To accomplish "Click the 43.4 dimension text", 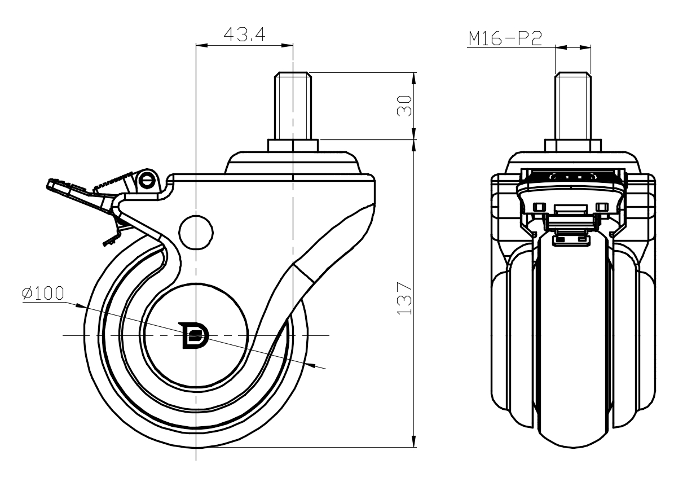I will point(244,34).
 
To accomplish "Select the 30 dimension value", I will point(404,106).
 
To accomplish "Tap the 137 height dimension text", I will point(404,297).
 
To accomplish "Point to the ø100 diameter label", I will point(43,294).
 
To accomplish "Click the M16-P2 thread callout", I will point(505,38).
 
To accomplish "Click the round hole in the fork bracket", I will point(196,231).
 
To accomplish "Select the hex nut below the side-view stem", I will point(293,146).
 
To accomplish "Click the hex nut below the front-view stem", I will point(573,145).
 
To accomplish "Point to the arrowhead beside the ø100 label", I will point(81,307).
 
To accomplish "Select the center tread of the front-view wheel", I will point(573,350).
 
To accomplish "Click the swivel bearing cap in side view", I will point(293,163).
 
